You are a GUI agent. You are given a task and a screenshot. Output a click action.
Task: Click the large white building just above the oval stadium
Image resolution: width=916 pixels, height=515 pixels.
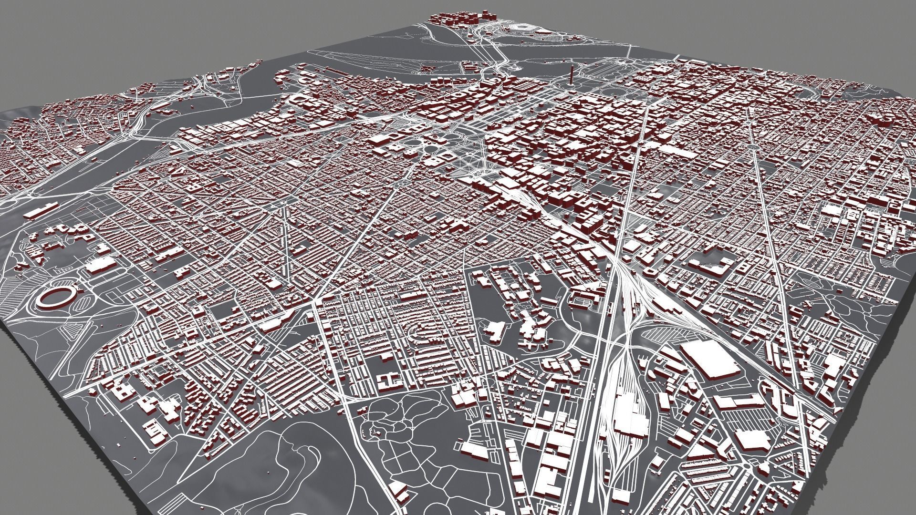[x=101, y=265]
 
